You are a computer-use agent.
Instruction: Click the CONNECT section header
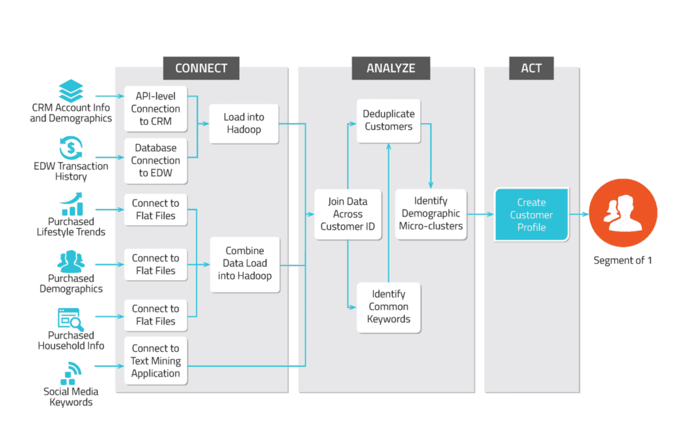point(201,68)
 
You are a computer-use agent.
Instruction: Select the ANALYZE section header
point(390,68)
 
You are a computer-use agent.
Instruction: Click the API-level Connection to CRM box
point(155,108)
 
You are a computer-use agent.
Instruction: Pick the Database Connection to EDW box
point(155,160)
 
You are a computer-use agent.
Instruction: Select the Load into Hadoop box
point(244,123)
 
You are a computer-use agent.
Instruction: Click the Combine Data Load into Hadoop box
point(244,263)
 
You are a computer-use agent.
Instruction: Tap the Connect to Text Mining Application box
point(155,361)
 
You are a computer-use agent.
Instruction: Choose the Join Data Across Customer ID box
point(348,214)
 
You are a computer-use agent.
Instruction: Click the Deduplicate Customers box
point(388,120)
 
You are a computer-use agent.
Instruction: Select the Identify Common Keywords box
point(388,307)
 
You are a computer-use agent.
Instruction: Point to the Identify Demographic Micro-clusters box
point(430,214)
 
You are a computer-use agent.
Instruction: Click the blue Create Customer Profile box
point(531,214)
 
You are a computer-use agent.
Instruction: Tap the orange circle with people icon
point(622,214)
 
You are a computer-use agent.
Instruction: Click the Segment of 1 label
point(622,260)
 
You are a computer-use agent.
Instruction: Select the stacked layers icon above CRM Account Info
point(71,90)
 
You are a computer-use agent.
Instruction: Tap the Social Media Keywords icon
point(71,373)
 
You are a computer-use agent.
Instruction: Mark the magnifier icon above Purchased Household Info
point(70,319)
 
